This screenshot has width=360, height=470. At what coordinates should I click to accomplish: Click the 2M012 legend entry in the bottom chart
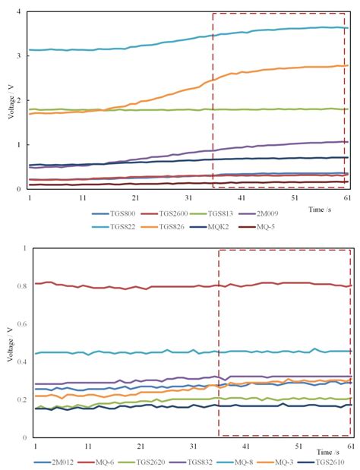coord(49,460)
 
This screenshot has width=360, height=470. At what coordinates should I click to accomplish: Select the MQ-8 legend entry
coord(254,460)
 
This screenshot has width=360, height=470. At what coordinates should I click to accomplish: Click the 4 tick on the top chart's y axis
coord(21,12)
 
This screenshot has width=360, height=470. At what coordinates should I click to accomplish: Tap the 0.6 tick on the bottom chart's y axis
coord(17,324)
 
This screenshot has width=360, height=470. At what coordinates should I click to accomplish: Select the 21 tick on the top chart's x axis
coord(134,197)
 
